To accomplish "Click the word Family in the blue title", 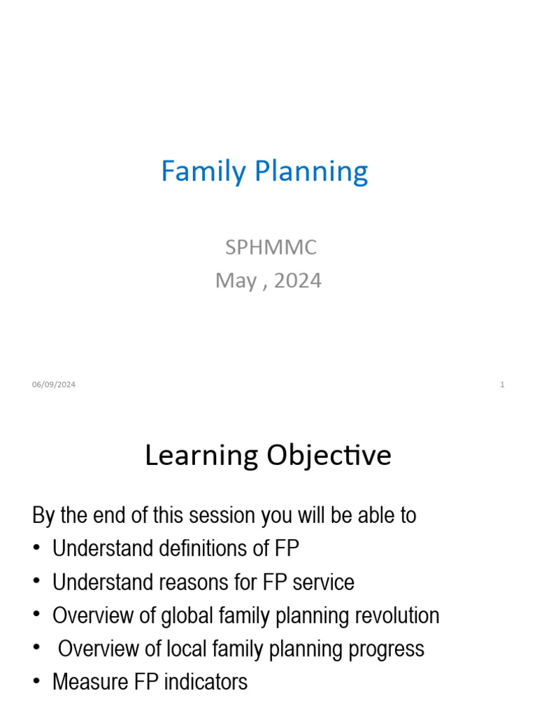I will coord(203,172).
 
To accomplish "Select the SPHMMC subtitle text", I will coord(270,247).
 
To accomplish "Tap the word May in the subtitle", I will coord(236,281).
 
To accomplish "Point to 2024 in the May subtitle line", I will coord(298,280).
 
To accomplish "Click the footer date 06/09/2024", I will coord(54,385).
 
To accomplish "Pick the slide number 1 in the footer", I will coord(502,385).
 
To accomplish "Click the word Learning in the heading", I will coord(201,456).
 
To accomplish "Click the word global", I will coord(186,615).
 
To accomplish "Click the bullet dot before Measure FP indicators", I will coord(36,682).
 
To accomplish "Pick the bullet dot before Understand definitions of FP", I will coord(36,549).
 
